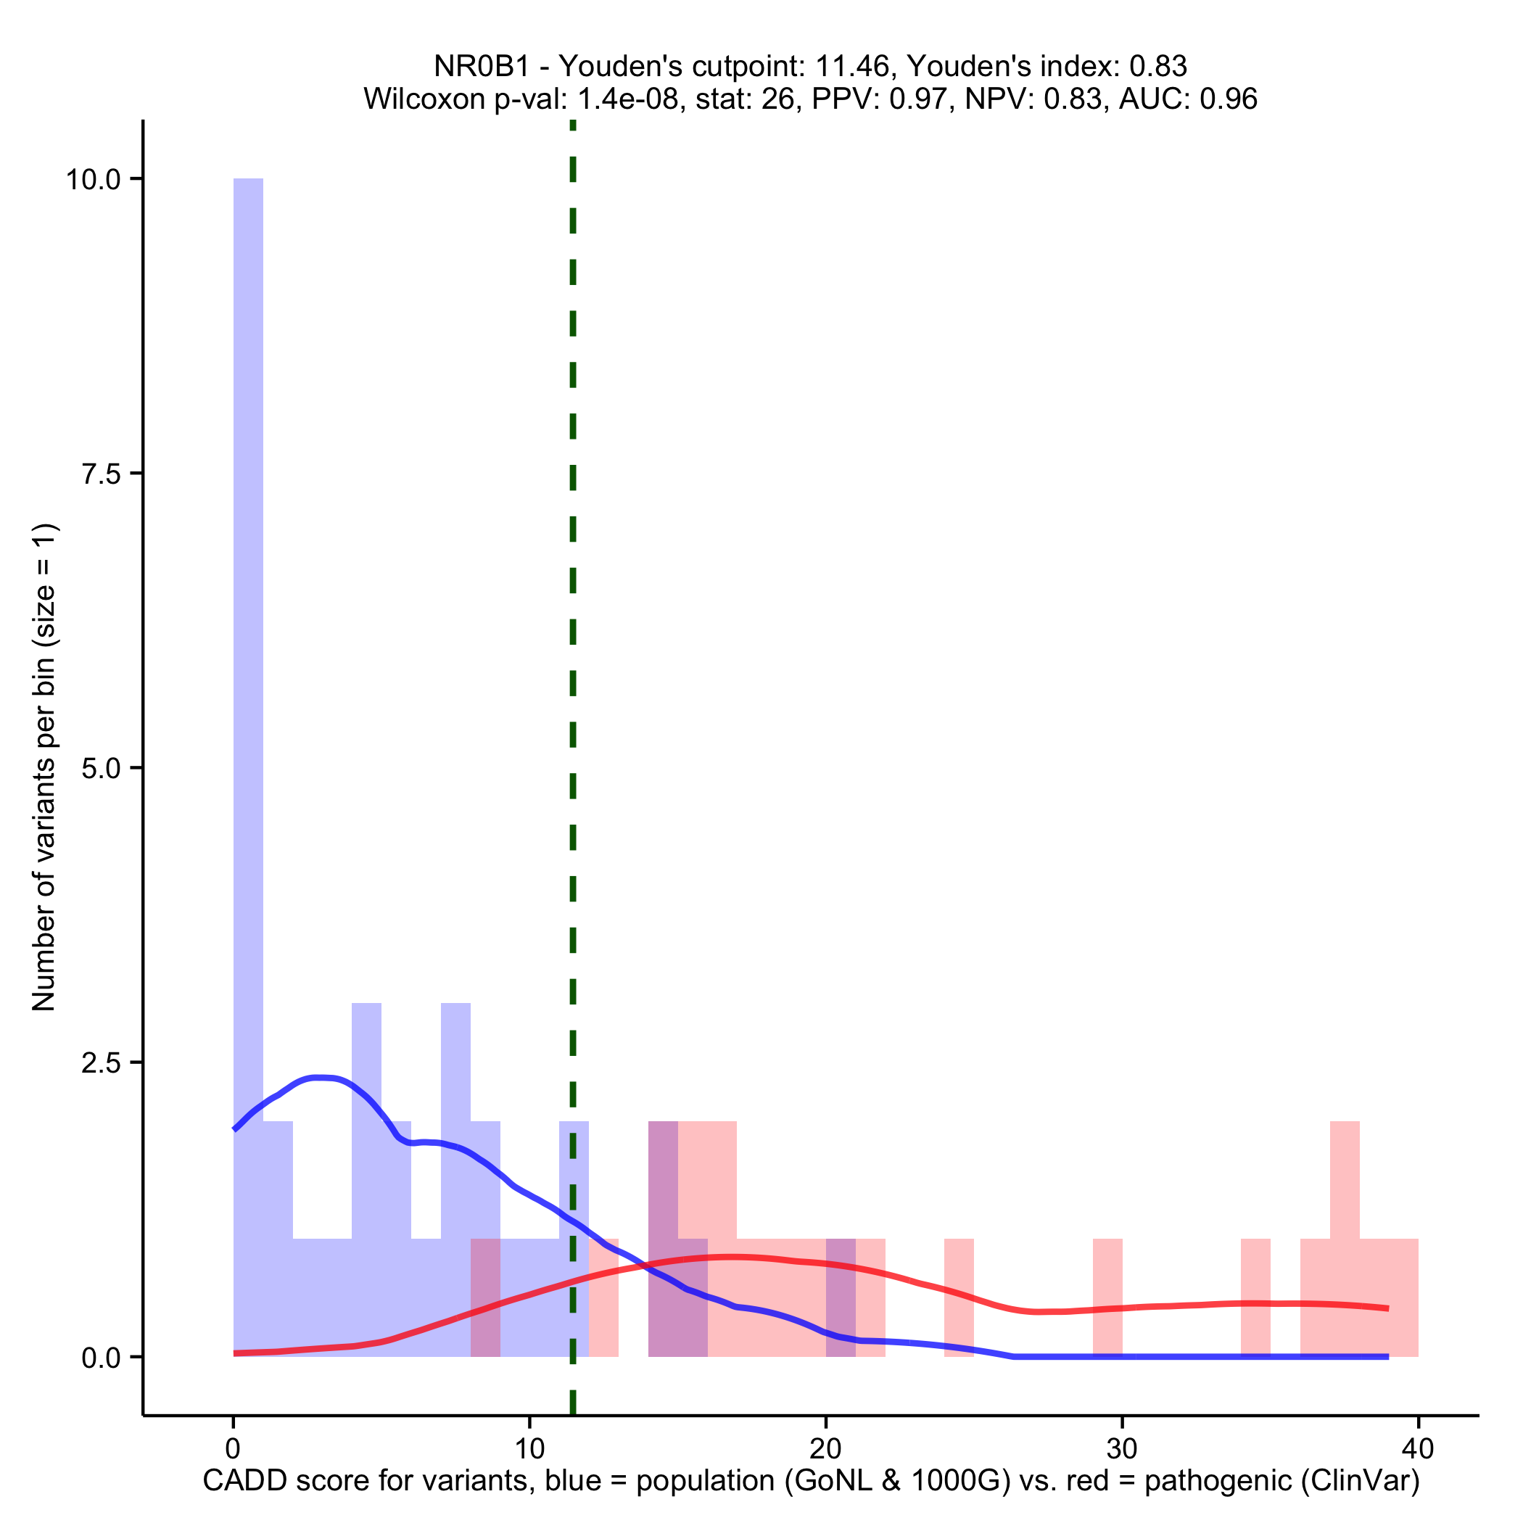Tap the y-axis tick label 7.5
pos(102,474)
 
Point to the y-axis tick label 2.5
pos(102,1062)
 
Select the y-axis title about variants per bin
pos(44,767)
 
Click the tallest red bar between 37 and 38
pos(1345,1238)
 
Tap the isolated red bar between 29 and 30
pos(1107,1297)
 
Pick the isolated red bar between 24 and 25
pos(959,1297)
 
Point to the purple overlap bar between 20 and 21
pos(841,1297)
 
